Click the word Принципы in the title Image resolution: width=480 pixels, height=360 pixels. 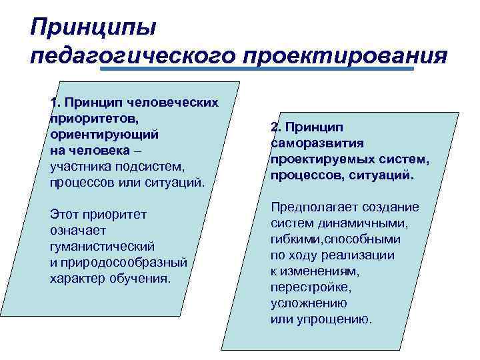93,29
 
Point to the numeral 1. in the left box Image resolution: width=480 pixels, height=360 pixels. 55,103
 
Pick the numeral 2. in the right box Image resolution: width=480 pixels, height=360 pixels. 276,127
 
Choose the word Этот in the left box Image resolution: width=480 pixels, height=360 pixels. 65,215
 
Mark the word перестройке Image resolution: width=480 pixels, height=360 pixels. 310,287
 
